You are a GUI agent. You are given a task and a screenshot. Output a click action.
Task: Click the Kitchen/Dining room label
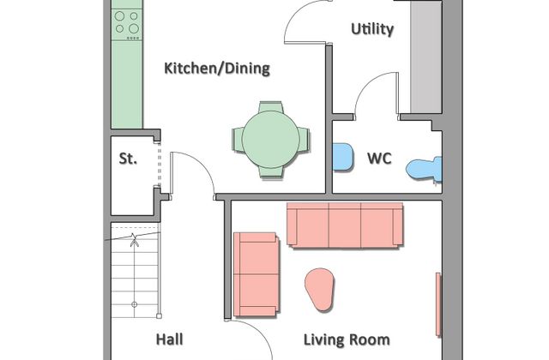217,69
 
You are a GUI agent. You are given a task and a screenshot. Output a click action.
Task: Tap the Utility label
372,29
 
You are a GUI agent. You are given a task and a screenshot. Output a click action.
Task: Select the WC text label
379,159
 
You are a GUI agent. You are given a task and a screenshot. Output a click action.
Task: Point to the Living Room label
347,339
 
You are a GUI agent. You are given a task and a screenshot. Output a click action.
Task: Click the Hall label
170,339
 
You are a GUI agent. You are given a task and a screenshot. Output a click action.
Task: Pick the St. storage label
128,159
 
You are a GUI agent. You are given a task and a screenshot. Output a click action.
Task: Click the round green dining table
271,140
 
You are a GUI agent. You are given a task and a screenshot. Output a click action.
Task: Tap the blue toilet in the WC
425,169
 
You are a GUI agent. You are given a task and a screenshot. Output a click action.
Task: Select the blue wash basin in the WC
342,157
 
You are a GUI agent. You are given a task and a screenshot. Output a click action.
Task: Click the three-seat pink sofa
345,225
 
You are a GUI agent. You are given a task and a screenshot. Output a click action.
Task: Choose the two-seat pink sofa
256,274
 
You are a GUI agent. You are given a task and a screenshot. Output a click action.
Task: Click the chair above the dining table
271,107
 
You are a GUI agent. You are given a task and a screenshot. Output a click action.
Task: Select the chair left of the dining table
238,140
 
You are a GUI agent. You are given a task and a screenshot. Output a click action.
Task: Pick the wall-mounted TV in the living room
438,305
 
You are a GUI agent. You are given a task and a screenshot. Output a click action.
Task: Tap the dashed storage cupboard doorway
160,165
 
